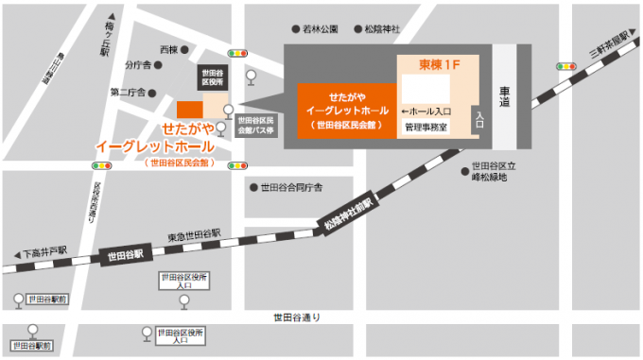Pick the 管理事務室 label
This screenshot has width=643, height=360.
[425, 125]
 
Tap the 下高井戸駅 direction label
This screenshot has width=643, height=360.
[43, 253]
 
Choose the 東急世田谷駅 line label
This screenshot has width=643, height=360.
[194, 233]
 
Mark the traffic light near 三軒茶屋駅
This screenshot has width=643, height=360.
[565, 66]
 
